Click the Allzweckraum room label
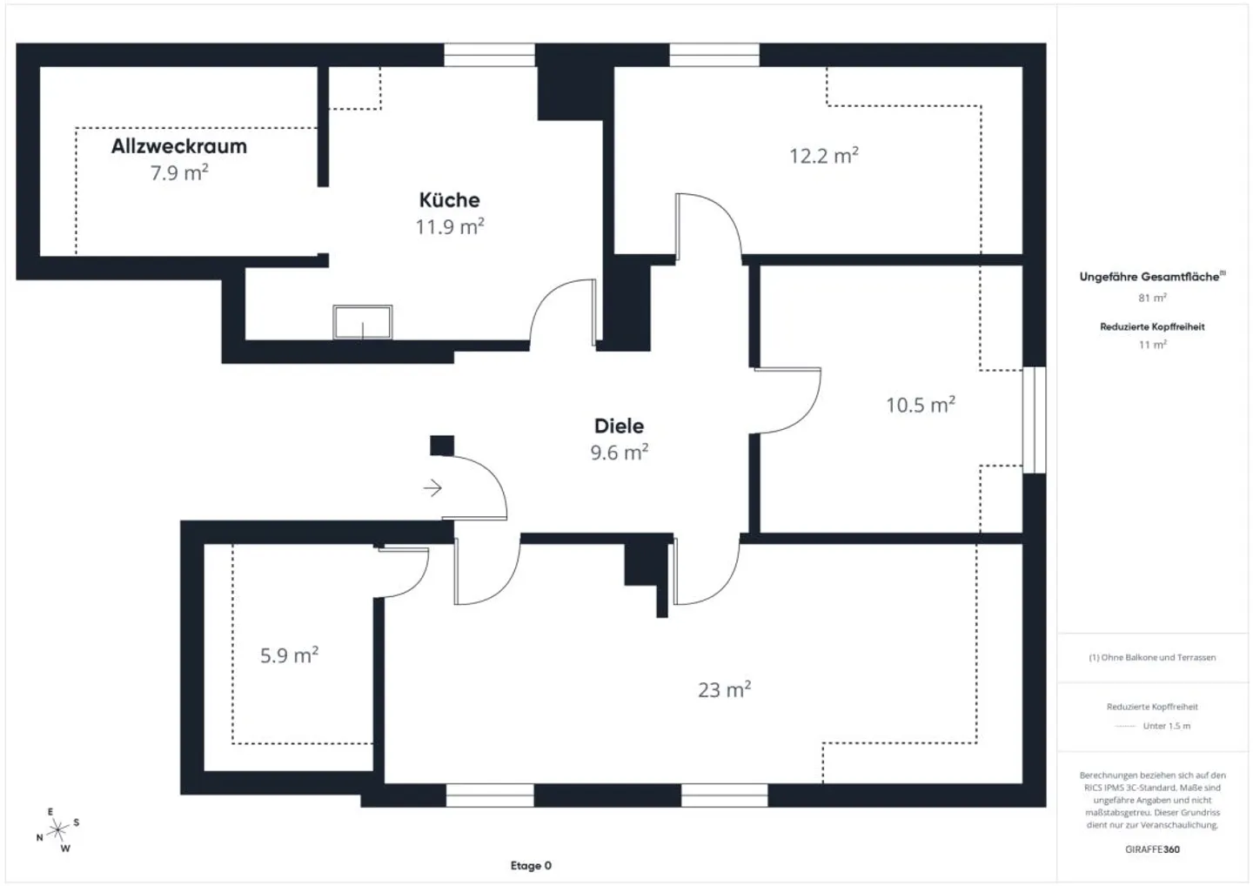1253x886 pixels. (x=178, y=146)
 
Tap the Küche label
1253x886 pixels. (x=449, y=200)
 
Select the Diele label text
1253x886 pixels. (x=619, y=426)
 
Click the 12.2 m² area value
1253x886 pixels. (x=823, y=156)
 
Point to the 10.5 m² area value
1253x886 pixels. (x=920, y=405)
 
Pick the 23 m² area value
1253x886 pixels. (x=724, y=690)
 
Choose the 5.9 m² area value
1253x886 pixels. (x=289, y=655)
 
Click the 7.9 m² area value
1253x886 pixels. (x=178, y=173)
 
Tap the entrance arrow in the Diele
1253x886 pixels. (x=432, y=488)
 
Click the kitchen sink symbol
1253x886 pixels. (x=363, y=322)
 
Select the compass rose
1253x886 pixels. (x=57, y=830)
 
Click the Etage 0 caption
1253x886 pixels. (x=531, y=866)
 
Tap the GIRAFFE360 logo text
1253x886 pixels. (x=1152, y=849)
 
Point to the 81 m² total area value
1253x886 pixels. (x=1152, y=299)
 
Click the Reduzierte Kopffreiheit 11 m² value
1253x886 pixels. (x=1152, y=345)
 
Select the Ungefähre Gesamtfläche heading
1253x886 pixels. (x=1149, y=277)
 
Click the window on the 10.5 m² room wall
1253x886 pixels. (x=1034, y=420)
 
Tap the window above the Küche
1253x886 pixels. (x=489, y=55)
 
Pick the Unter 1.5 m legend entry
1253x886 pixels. (x=1165, y=726)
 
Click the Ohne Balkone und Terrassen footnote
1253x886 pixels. (x=1152, y=658)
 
